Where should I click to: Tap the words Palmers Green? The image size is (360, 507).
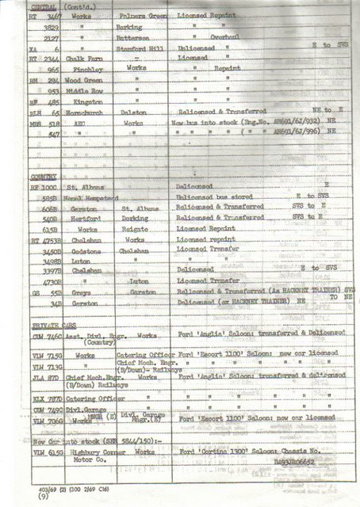140,15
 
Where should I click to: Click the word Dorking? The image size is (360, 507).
137,215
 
